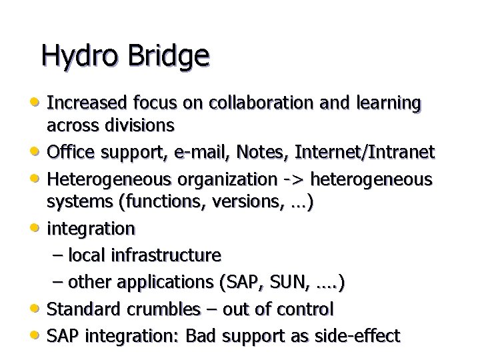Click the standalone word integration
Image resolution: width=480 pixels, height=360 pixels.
tap(90, 229)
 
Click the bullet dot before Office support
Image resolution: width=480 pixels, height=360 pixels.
tap(38, 153)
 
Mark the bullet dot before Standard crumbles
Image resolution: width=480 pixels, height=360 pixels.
tap(38, 309)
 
